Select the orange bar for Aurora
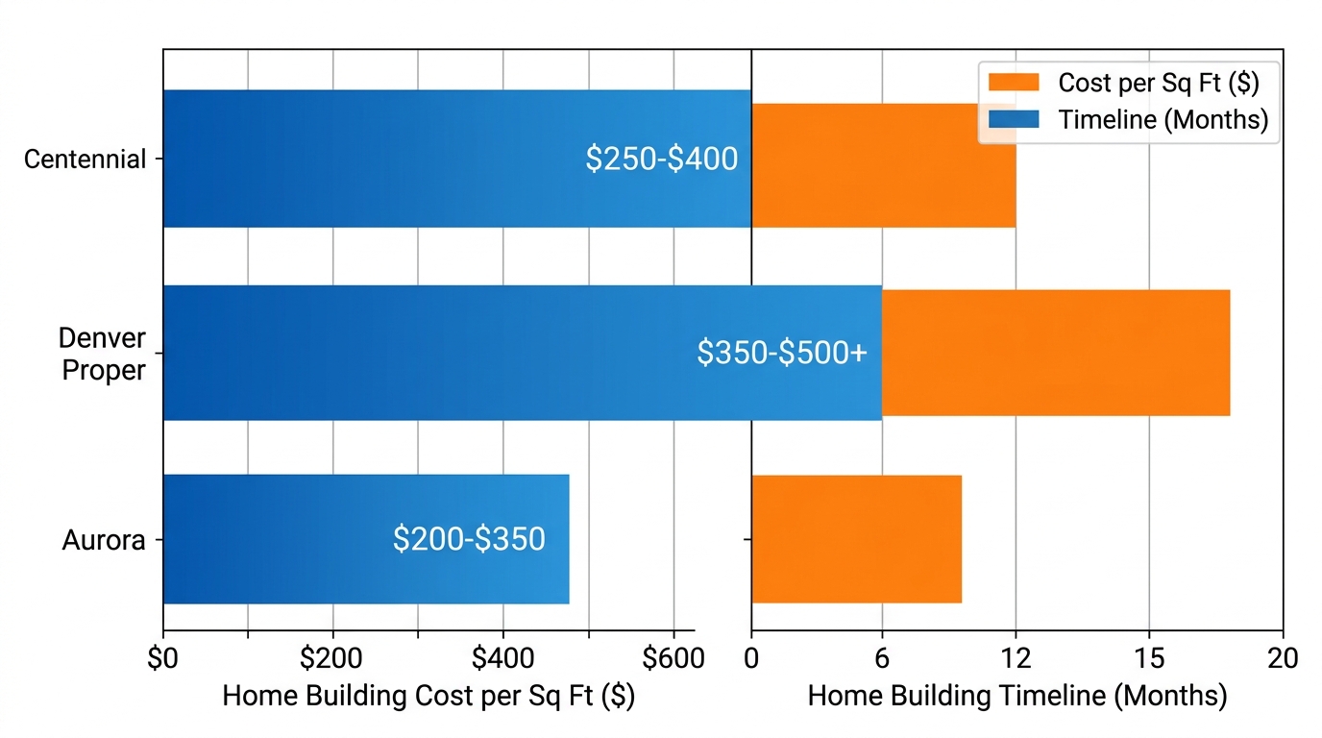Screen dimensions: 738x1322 tap(856, 539)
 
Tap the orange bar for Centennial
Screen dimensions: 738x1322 tap(883, 165)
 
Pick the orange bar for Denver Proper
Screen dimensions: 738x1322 tap(1055, 353)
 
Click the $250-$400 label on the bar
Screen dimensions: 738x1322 tap(661, 159)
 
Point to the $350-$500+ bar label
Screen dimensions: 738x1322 tap(782, 353)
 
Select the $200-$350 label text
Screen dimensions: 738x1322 tap(469, 539)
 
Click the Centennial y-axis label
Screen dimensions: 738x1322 tap(85, 159)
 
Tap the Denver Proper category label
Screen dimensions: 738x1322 tap(102, 354)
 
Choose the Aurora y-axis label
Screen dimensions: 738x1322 tap(104, 540)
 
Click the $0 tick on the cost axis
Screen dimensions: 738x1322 tap(163, 659)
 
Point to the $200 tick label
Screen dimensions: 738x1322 tap(332, 659)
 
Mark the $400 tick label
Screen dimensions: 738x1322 tap(502, 659)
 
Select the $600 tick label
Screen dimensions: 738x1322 tap(673, 659)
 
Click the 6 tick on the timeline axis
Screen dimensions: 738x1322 tap(882, 659)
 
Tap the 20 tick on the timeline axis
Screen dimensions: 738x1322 tap(1283, 659)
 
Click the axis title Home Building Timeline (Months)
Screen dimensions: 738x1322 tap(1016, 696)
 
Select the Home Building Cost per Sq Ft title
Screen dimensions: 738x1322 tap(428, 696)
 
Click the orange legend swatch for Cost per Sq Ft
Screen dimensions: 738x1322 tap(1014, 83)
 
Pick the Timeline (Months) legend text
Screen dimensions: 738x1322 tap(1163, 119)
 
